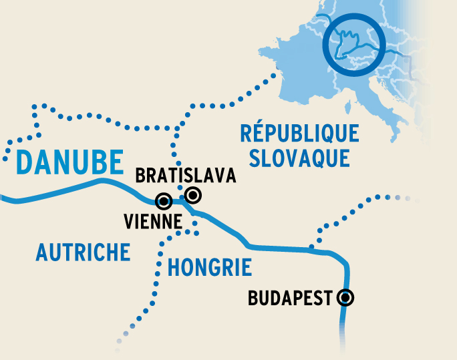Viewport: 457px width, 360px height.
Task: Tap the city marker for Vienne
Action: (x=163, y=200)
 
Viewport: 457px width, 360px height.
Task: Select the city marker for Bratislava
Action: (x=193, y=195)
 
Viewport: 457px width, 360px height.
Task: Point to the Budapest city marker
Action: (x=345, y=298)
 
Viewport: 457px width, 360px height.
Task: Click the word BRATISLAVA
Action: (x=186, y=176)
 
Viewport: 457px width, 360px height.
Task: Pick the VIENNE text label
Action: (x=154, y=222)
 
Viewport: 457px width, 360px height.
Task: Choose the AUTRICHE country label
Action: (x=83, y=252)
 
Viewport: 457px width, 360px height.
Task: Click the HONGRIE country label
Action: (x=209, y=268)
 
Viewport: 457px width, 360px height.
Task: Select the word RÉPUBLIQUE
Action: (x=299, y=134)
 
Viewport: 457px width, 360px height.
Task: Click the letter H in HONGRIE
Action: (x=173, y=268)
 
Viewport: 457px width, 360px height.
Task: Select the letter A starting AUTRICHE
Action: (x=42, y=252)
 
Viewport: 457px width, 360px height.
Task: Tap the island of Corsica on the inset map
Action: (x=347, y=106)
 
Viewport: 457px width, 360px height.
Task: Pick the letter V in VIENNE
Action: (x=129, y=222)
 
